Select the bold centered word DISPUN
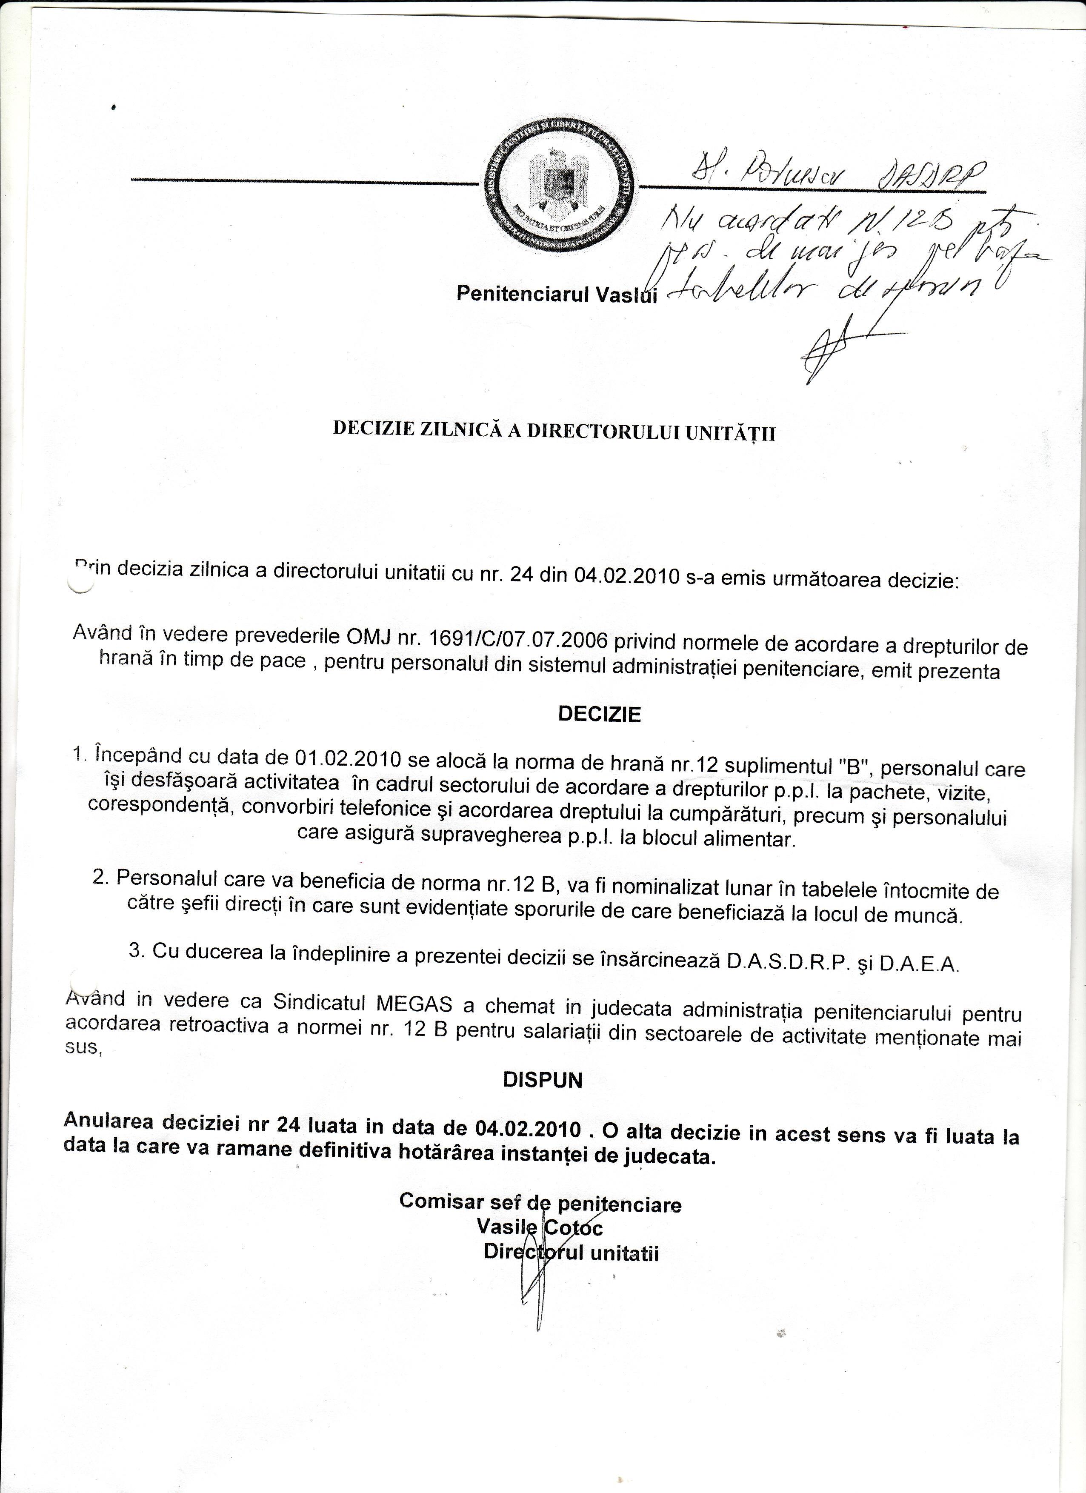coord(543,1080)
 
